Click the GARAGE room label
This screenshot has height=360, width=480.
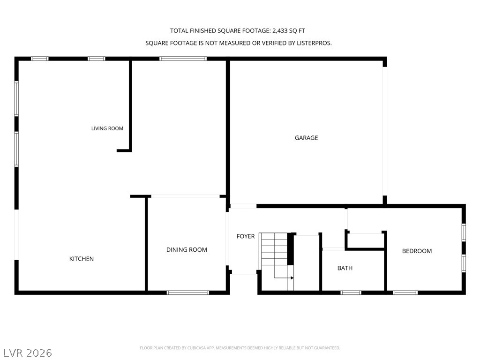[x=306, y=138]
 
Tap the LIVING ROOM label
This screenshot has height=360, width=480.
[x=107, y=128]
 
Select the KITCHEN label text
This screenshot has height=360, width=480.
[x=82, y=259]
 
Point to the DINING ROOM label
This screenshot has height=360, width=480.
[x=187, y=249]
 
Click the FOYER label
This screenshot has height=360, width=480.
[x=246, y=236]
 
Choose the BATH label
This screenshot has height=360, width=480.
[x=345, y=268]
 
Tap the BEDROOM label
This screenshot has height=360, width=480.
[x=417, y=251]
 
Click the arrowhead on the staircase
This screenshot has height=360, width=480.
[x=292, y=278]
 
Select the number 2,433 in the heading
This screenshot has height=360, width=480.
[x=280, y=30]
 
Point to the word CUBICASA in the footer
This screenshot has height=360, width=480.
[x=197, y=348]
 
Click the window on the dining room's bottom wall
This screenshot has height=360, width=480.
[x=188, y=292]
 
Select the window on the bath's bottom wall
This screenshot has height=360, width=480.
[x=351, y=292]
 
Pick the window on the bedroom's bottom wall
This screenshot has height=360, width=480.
[x=405, y=292]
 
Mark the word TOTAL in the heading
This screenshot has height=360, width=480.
[x=179, y=30]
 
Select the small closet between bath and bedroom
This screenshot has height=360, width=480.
[x=365, y=240]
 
